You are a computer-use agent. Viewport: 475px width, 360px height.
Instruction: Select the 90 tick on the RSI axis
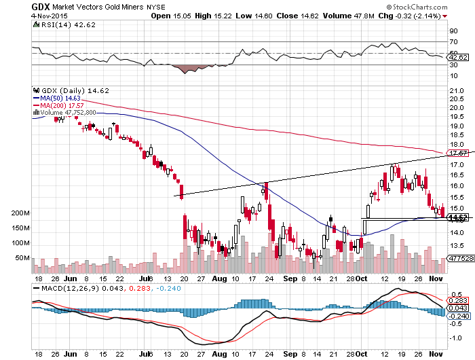pyautogui.click(x=451, y=31)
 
